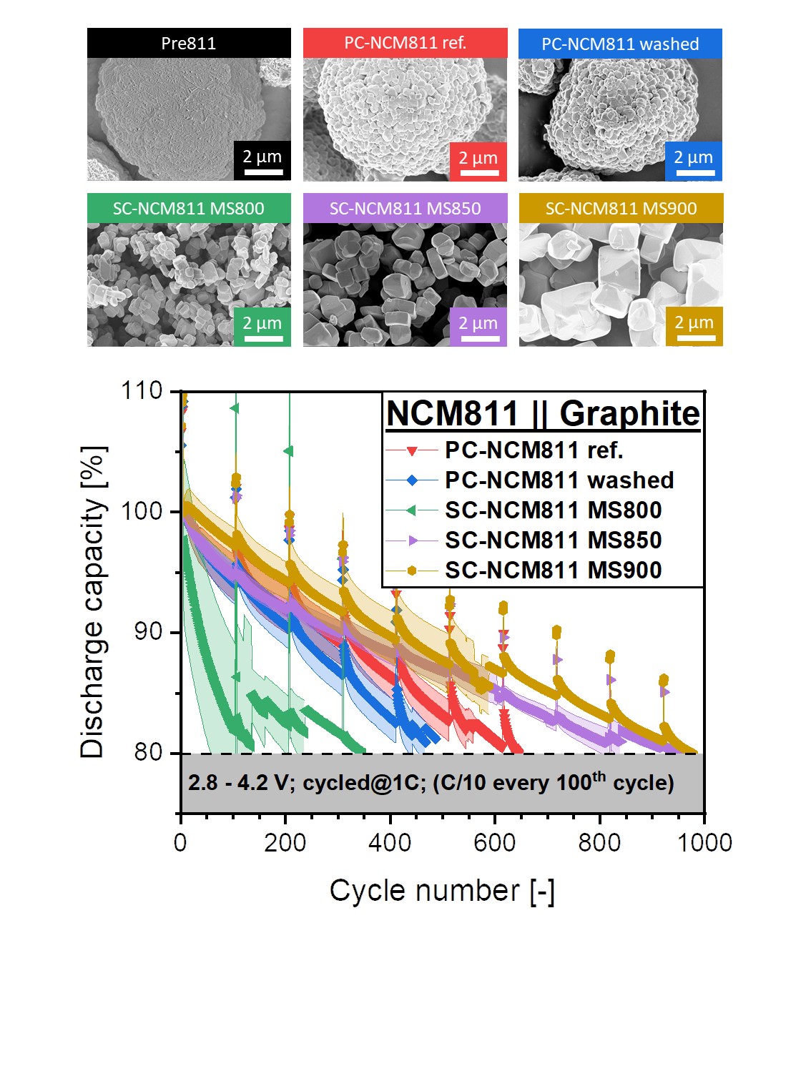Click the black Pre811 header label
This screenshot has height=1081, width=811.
189,43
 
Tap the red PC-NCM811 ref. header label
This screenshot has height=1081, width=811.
405,43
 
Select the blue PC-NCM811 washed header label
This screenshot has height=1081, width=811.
620,44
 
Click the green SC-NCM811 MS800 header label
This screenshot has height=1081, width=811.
189,208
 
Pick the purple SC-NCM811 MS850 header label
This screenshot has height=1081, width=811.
405,208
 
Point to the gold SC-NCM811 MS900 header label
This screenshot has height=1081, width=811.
621,208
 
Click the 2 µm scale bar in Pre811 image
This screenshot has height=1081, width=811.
262,161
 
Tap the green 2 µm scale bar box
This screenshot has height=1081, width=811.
262,327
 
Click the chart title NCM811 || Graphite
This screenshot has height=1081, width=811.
543,413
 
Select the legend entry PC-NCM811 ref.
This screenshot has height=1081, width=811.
534,450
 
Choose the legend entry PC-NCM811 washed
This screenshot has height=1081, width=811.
559,480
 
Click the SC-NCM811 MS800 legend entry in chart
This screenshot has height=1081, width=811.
553,510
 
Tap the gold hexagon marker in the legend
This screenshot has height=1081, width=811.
412,571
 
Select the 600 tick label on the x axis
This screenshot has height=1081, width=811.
495,843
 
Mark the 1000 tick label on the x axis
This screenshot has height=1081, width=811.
704,843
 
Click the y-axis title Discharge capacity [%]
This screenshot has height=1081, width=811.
93,601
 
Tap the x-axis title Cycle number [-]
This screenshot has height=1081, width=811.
442,892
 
